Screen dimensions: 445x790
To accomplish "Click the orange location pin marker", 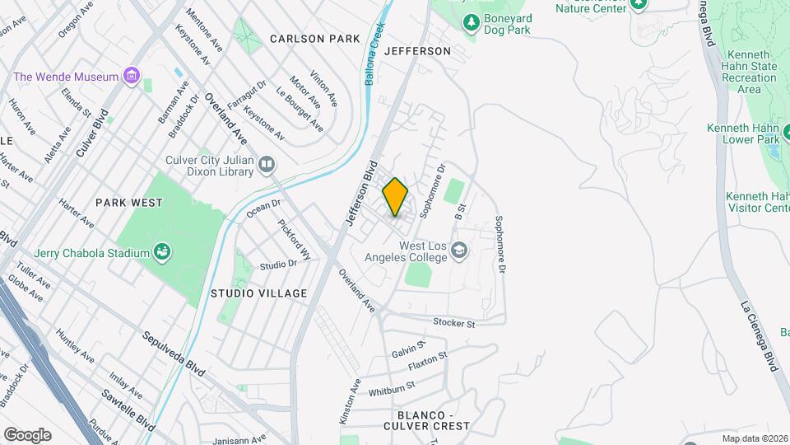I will [395, 197].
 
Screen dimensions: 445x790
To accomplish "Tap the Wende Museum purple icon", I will [130, 77].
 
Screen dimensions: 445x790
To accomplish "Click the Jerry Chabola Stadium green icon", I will [162, 253].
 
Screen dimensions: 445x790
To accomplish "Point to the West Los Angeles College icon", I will [459, 251].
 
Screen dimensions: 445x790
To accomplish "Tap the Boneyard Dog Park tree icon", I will [472, 24].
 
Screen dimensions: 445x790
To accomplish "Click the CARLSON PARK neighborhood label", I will [315, 39].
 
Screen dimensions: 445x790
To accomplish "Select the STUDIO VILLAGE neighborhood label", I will [258, 293].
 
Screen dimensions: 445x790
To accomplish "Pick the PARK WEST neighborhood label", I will [128, 202].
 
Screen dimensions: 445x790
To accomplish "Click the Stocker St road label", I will [455, 324].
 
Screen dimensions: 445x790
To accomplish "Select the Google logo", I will [27, 434].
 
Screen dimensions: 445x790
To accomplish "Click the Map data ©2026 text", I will [754, 438].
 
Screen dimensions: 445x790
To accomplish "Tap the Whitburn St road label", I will [392, 389].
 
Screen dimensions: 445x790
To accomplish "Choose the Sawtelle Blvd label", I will [129, 410].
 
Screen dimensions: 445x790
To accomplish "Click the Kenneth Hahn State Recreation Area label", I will [749, 72].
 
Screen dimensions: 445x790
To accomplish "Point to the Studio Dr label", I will [277, 265].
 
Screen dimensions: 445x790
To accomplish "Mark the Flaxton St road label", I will [426, 359].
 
